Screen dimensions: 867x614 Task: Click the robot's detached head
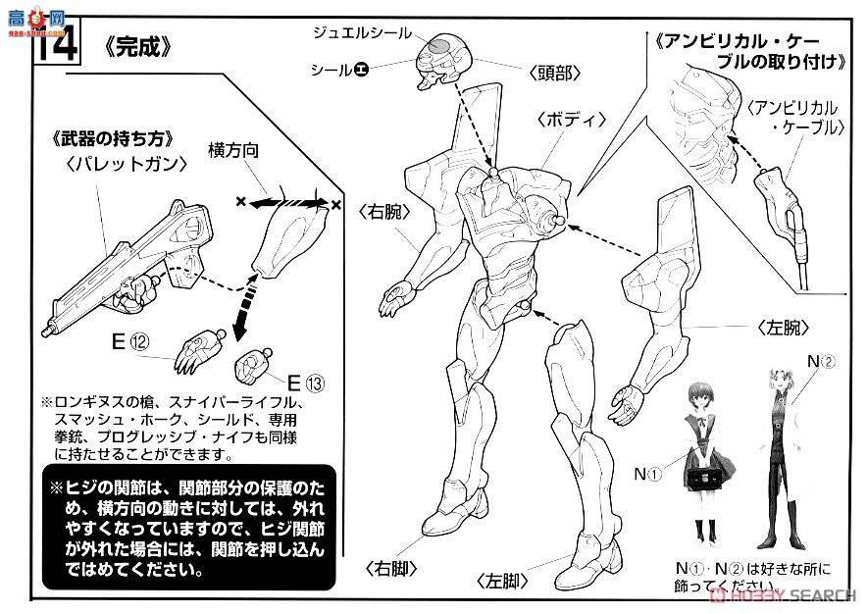click(x=444, y=60)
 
